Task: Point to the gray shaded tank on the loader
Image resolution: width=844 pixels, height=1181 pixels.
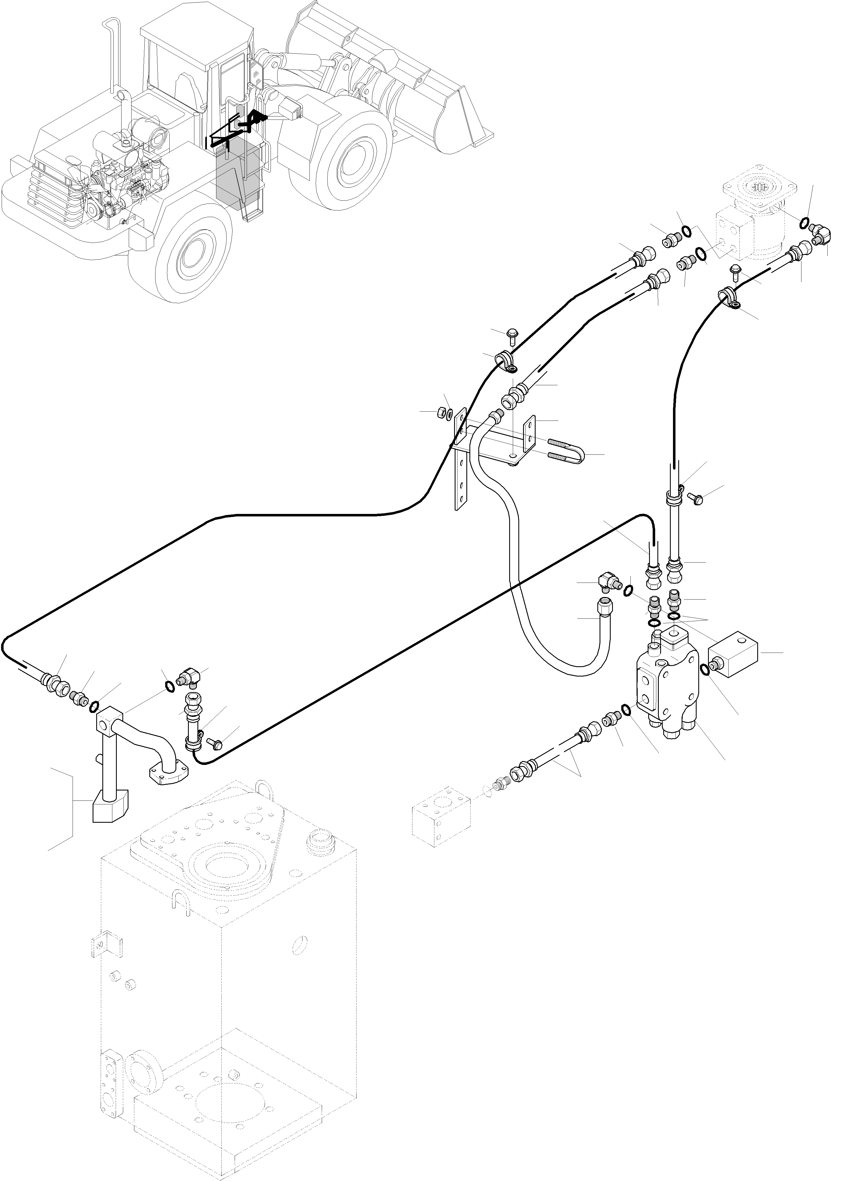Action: coord(239,174)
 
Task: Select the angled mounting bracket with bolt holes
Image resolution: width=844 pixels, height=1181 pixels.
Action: coord(494,441)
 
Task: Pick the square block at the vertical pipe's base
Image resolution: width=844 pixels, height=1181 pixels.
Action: coord(110,810)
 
